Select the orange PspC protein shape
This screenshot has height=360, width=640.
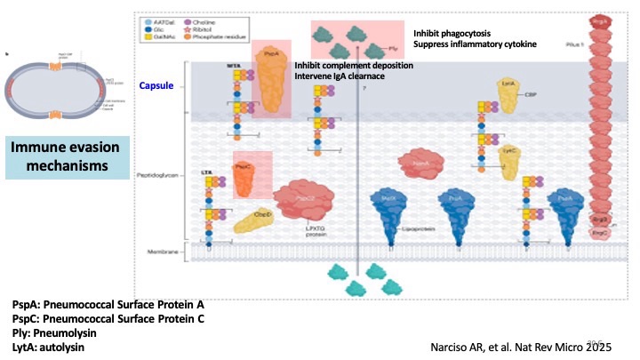click(x=246, y=175)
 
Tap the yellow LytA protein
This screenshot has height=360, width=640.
click(x=508, y=98)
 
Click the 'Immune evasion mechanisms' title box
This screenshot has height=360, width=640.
click(x=67, y=156)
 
